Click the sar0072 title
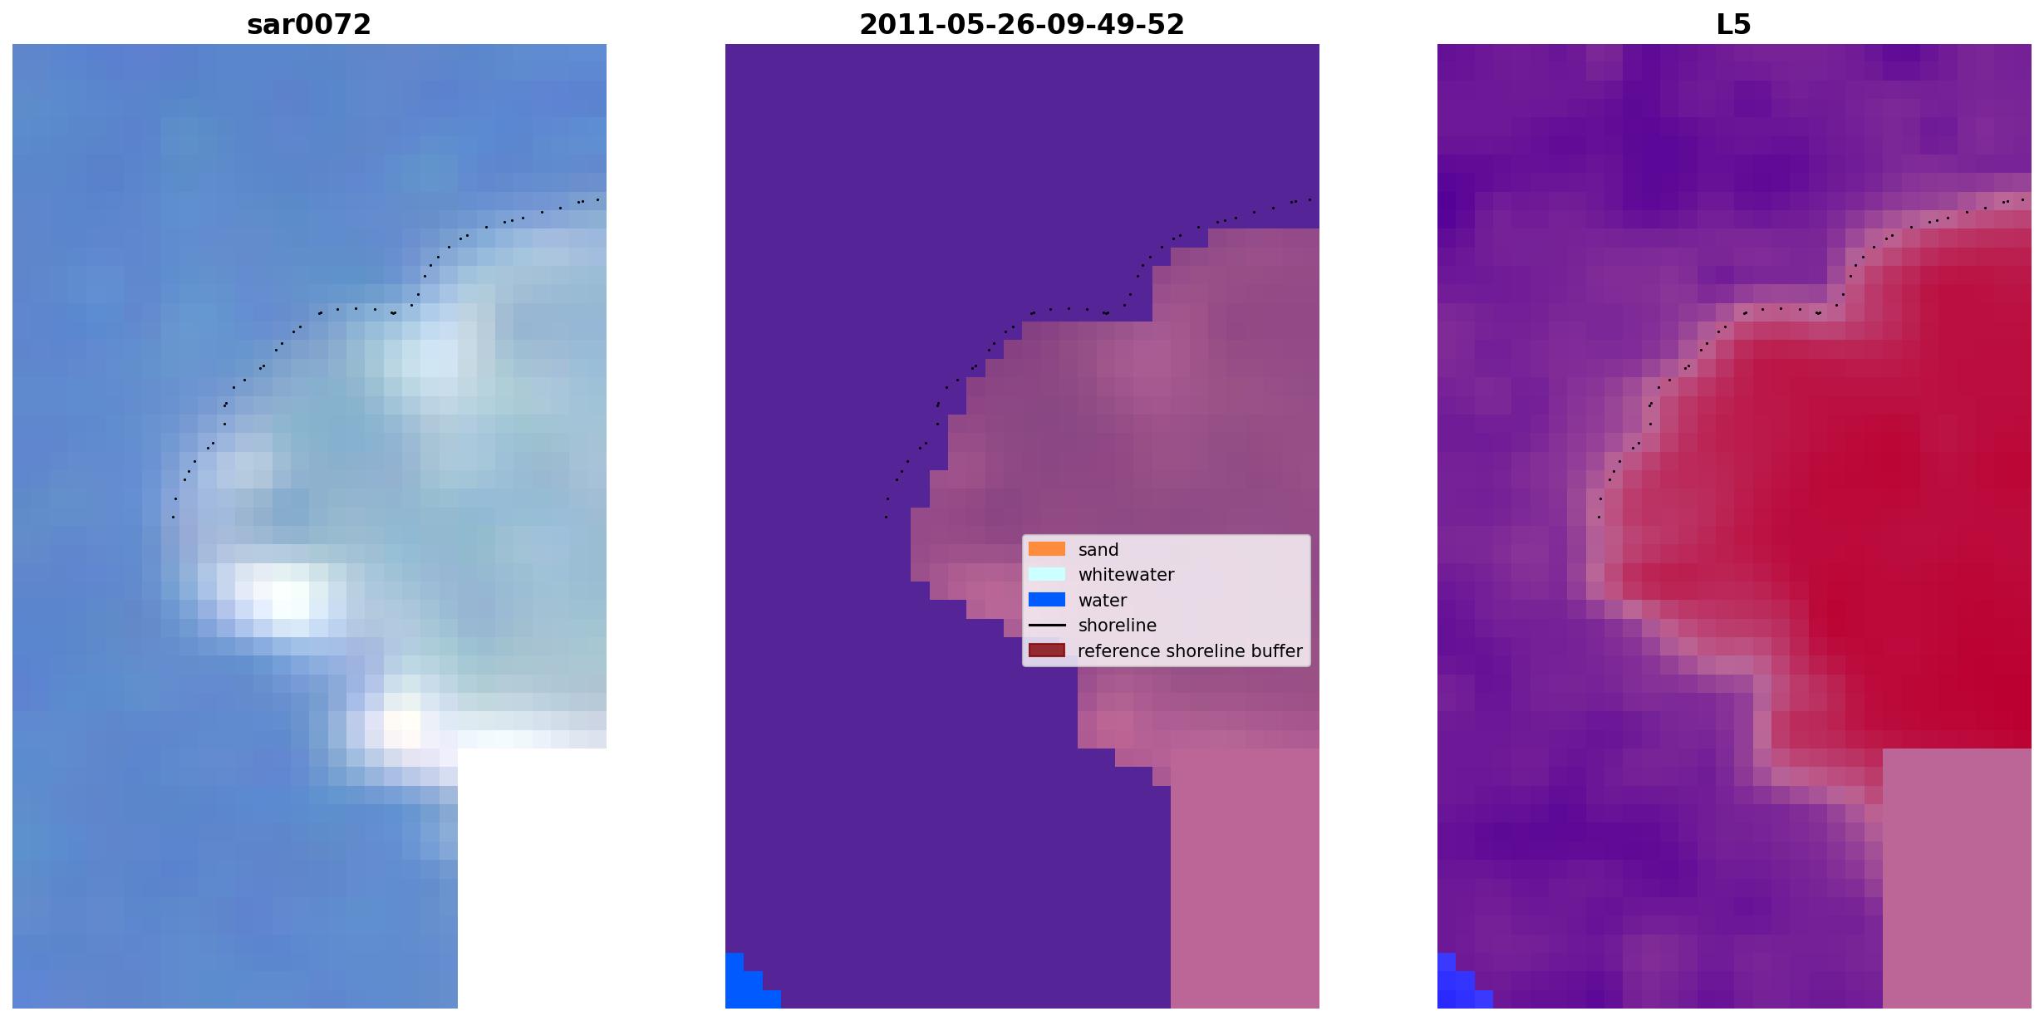pos(309,25)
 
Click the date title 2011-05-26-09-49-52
pos(1022,25)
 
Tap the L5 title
pos(1734,25)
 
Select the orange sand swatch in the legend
pos(1047,549)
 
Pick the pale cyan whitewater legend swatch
pos(1047,574)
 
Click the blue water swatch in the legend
pos(1047,600)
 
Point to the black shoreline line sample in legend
pos(1047,625)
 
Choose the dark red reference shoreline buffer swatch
pos(1047,650)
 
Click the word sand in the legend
pos(1098,550)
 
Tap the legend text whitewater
pos(1126,575)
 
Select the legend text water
pos(1103,601)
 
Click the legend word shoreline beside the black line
pos(1118,626)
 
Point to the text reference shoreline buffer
pos(1190,651)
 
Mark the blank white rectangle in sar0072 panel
pos(532,878)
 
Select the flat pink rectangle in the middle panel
pos(1245,878)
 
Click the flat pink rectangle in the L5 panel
pos(1957,878)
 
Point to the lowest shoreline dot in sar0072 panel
pos(173,518)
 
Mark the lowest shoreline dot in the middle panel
pos(886,518)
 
